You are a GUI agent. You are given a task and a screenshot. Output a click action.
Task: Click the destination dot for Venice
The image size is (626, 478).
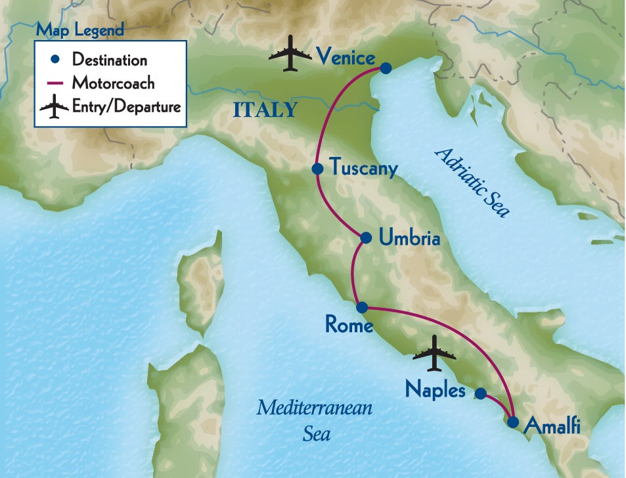386,68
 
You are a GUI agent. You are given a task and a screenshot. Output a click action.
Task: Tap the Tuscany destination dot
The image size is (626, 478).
317,169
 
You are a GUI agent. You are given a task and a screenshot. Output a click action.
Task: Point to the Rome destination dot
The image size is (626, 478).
361,307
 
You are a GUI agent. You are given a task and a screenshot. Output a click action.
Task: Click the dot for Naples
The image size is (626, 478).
480,393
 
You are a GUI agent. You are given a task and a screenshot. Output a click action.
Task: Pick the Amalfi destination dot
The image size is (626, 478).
512,422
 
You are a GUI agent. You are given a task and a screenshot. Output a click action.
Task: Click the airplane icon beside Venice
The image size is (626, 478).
290,55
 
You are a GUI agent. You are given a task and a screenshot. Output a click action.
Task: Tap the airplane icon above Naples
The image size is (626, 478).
435,355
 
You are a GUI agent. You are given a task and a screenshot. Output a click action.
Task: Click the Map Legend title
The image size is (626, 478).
79,30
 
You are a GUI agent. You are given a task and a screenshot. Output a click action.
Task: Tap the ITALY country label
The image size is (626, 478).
265,110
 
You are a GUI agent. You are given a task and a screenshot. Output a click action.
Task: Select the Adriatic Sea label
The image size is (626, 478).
472,182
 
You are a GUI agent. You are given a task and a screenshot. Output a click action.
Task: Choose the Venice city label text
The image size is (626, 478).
345,56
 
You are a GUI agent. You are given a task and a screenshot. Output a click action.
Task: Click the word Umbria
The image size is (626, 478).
409,238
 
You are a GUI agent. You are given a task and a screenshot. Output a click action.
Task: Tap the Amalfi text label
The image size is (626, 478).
552,427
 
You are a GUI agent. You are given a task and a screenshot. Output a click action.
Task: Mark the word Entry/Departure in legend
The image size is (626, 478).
126,106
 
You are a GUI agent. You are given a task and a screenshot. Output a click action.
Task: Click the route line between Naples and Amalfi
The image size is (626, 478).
497,406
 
